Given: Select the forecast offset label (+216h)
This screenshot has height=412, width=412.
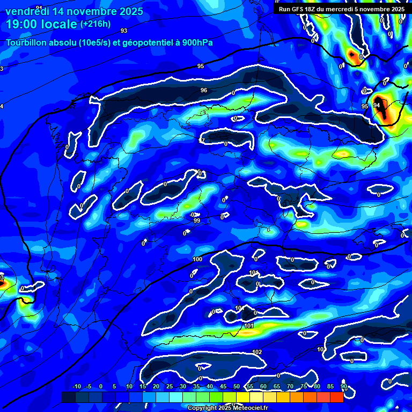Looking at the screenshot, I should (95, 24).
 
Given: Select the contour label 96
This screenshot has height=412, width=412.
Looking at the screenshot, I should (204, 90).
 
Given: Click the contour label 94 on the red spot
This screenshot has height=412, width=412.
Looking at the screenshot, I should (377, 105).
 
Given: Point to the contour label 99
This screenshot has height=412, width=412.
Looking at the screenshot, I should (197, 220).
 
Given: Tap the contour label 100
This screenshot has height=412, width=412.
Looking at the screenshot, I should (197, 260).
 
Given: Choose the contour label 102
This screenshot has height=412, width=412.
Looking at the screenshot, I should (257, 352).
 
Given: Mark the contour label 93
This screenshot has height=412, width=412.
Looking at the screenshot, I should (124, 31).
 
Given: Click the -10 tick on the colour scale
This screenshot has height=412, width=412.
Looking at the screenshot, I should (76, 387).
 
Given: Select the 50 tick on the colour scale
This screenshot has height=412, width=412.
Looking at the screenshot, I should (237, 387).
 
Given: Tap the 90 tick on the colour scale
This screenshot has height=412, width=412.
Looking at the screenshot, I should (343, 387).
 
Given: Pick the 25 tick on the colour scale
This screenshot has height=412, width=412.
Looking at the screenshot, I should (170, 387).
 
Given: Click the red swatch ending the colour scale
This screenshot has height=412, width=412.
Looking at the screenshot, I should (337, 397).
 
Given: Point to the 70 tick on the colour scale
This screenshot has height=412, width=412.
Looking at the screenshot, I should (290, 387).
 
